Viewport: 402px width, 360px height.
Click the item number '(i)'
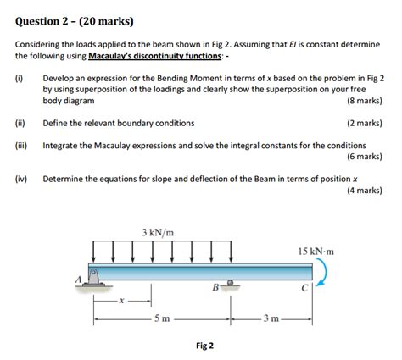(x=20, y=78)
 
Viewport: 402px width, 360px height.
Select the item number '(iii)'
(x=22, y=146)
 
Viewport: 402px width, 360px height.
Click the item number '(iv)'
(x=21, y=180)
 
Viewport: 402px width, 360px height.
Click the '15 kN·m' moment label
(x=316, y=252)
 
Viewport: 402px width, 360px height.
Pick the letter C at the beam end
(x=304, y=288)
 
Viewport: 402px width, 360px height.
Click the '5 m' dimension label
(x=161, y=320)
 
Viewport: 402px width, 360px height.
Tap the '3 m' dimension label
(x=271, y=320)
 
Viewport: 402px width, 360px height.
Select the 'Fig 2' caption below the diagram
(x=204, y=346)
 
